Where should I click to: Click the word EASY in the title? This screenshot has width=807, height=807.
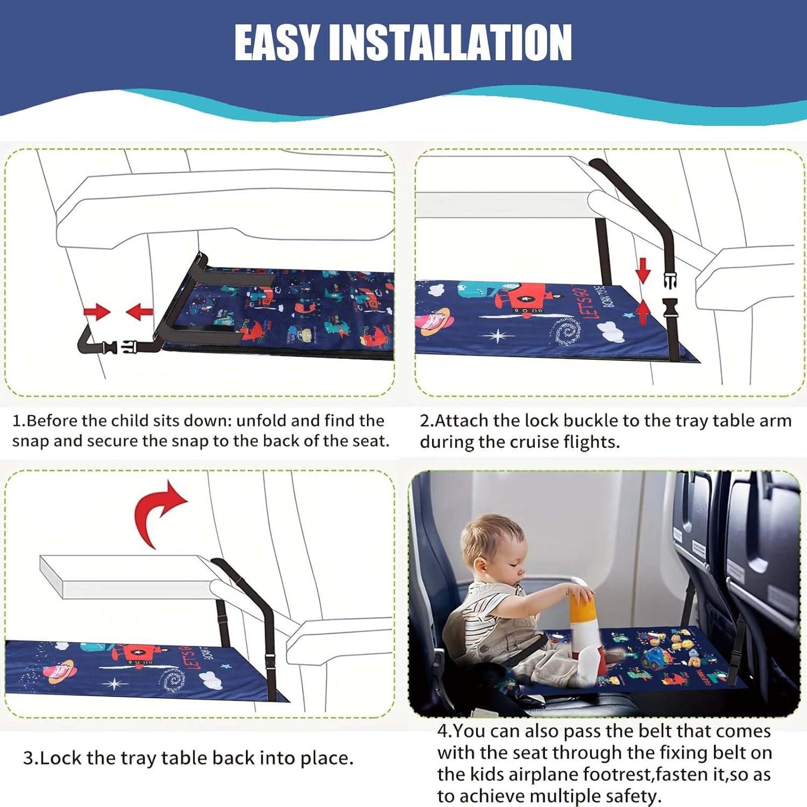tap(277, 43)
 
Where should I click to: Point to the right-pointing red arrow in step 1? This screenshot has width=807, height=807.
tap(96, 312)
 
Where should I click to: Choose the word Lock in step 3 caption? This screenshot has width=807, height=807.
tap(61, 758)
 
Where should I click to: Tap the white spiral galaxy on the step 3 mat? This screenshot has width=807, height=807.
tap(173, 681)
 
